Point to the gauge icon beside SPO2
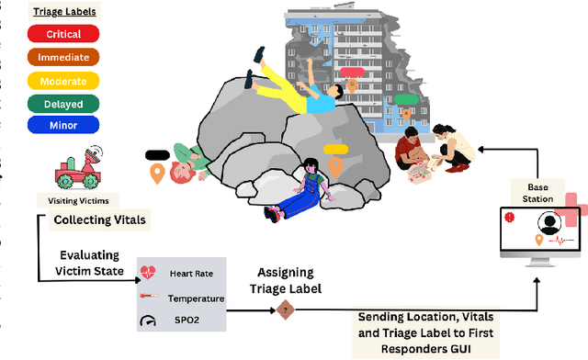(149, 296)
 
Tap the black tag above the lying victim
(157, 154)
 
